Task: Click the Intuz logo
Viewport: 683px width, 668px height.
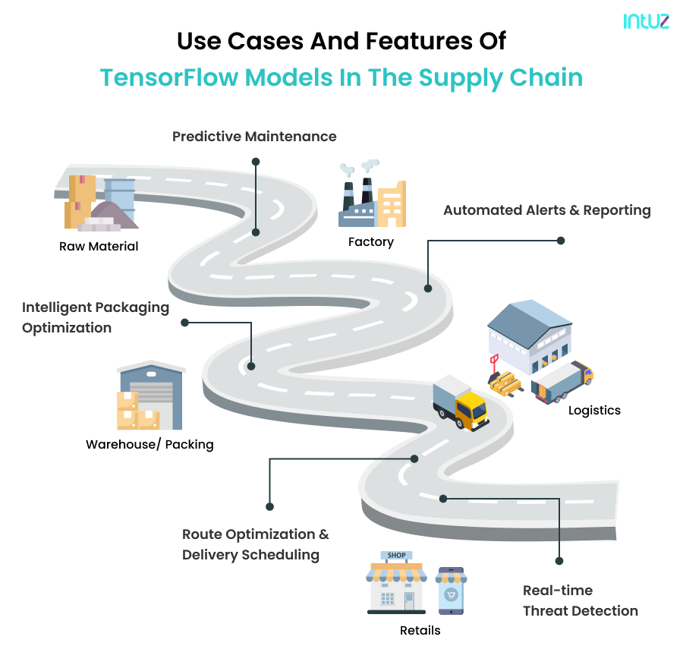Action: click(x=646, y=22)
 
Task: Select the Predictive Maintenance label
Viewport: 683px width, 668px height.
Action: click(x=254, y=137)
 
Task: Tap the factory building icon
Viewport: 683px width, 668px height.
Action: click(x=371, y=197)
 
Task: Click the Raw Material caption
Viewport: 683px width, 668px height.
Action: click(x=99, y=246)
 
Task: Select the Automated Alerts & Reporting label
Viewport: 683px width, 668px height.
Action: click(x=546, y=210)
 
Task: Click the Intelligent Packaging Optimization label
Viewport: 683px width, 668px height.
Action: click(x=95, y=317)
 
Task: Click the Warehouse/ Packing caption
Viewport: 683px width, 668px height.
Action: click(x=150, y=444)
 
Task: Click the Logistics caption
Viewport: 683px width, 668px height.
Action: click(x=594, y=411)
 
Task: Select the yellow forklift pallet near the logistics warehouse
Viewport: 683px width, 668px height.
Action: click(x=505, y=380)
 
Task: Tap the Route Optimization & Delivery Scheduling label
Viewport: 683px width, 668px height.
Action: click(x=255, y=544)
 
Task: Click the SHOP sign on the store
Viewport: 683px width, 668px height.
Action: click(x=396, y=556)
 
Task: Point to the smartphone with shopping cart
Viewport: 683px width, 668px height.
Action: click(x=452, y=591)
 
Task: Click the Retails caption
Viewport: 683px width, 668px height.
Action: click(x=420, y=630)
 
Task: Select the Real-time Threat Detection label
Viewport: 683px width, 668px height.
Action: click(x=580, y=600)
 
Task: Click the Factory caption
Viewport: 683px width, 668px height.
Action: click(x=370, y=242)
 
